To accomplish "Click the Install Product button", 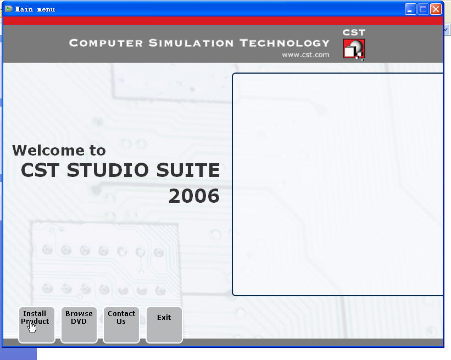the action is coord(36,325).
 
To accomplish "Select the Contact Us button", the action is coord(121,325).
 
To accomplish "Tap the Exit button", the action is coord(164,325).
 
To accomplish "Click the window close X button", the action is coord(436,9).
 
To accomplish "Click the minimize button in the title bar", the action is coord(410,9).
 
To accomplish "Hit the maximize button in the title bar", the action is coord(423,9).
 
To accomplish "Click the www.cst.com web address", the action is coord(305,54).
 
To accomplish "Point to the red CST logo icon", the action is coord(354,49).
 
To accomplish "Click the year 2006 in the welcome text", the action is coord(194,196).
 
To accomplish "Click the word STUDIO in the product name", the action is coord(108,170).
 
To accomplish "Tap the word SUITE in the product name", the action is coord(188,170).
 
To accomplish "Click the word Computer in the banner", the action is coord(106,43).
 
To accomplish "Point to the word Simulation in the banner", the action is coord(191,43).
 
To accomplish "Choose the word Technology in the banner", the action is coord(285,43).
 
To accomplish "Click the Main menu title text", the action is coord(35,9).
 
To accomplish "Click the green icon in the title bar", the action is coord(9,9).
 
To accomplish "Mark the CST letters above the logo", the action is coord(354,32).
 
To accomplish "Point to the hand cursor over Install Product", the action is coord(32,327).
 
